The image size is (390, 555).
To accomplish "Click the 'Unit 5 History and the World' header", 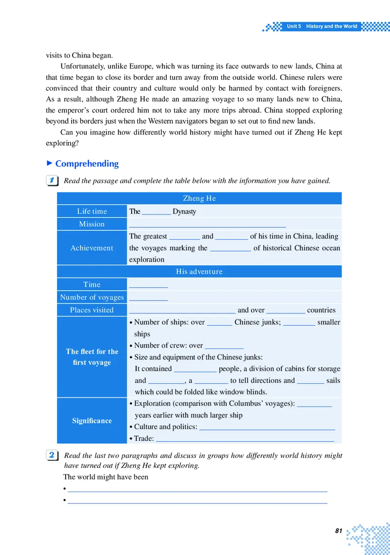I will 322,26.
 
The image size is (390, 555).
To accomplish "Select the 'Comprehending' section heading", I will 87,164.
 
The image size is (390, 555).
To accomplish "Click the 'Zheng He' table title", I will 199,198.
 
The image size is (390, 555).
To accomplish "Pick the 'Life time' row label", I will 92,211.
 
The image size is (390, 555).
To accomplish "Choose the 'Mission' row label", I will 92,224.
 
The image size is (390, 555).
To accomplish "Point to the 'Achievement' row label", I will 92,248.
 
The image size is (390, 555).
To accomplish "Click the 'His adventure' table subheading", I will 199,272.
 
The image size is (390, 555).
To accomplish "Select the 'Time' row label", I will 92,284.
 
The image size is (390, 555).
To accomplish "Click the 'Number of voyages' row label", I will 92,297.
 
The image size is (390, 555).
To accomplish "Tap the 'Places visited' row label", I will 92,310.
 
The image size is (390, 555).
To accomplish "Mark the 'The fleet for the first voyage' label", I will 92,357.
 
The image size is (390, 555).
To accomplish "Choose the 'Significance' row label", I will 92,420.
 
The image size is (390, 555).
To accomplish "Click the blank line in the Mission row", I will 207,225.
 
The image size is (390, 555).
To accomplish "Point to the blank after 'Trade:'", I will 245,439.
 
